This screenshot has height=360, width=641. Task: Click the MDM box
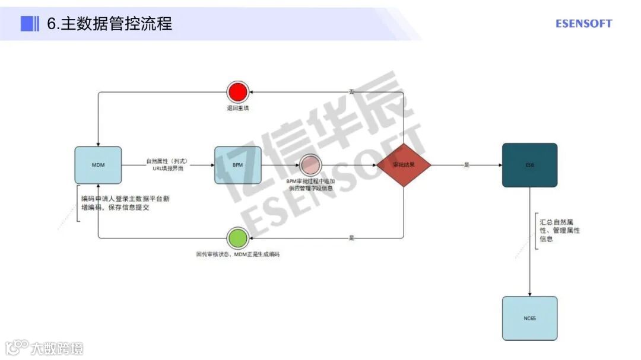[98, 165]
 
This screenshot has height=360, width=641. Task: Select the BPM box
[237, 165]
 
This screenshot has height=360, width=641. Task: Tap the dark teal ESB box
[529, 165]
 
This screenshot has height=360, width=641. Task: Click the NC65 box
[529, 318]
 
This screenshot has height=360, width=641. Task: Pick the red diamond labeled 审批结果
[404, 165]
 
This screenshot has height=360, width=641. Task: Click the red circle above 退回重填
[237, 93]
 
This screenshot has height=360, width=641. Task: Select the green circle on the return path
[237, 238]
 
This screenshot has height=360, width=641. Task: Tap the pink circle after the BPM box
[310, 165]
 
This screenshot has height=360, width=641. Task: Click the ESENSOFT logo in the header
[583, 24]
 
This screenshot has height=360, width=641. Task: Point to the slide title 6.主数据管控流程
[110, 24]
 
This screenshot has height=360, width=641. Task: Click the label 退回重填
[237, 109]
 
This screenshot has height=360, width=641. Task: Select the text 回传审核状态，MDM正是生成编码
[237, 254]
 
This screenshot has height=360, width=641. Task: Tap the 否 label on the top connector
[351, 92]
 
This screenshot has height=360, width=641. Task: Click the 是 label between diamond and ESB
[467, 165]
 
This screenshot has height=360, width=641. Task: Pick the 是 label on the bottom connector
[351, 237]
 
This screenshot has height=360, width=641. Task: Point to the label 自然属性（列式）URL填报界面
[168, 165]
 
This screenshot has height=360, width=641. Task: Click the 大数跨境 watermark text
[57, 348]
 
